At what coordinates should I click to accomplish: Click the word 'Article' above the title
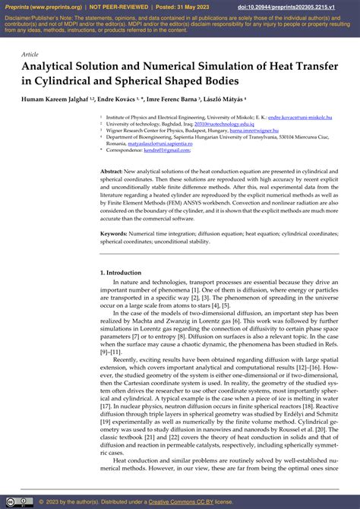pos(30,55)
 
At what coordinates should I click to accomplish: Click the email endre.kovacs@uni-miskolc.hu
pos(301,119)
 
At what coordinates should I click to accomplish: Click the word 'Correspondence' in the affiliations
pos(125,150)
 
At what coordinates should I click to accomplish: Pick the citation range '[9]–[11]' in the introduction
pos(112,353)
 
